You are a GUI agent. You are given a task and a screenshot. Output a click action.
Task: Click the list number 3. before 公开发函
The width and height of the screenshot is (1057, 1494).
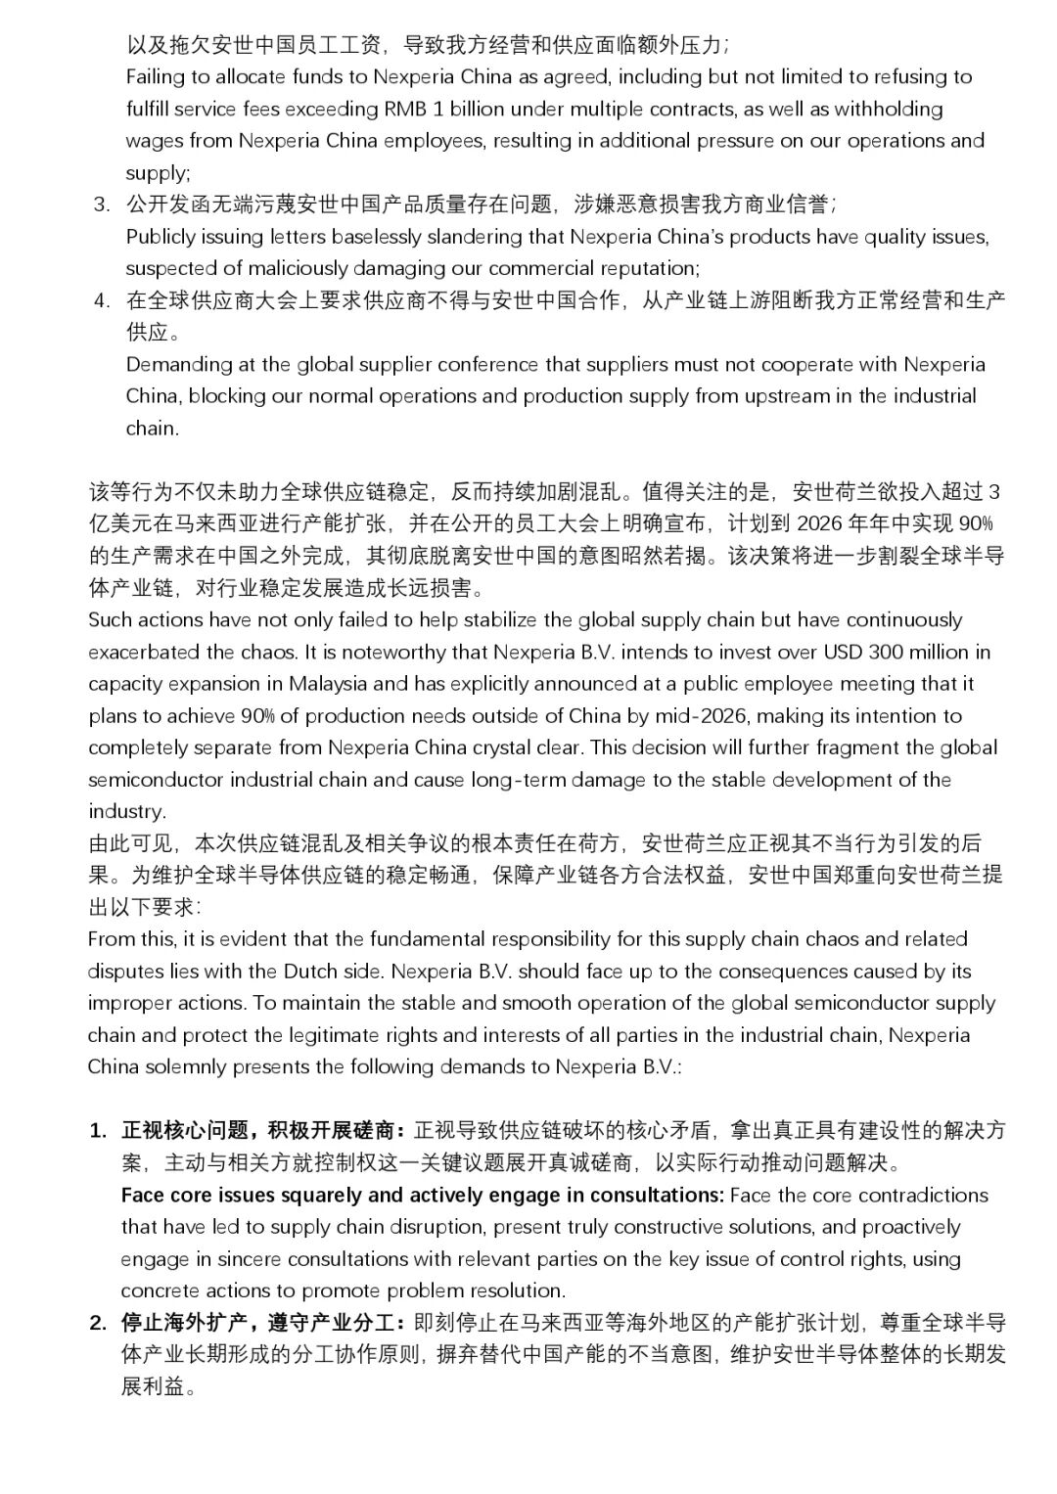[x=102, y=204]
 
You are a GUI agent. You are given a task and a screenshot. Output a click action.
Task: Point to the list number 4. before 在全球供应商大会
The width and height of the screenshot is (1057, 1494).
[x=102, y=300]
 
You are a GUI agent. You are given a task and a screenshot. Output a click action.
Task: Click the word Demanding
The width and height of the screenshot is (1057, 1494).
[x=178, y=365]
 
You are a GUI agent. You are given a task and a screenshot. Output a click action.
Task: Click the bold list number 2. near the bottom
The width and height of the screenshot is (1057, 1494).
[x=99, y=1323]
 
